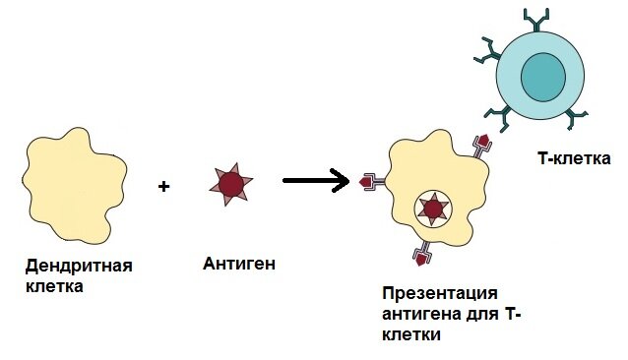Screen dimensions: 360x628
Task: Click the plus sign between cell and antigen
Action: [x=163, y=184]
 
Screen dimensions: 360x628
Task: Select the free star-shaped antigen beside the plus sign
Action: [x=231, y=184]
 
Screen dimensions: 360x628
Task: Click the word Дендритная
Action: [x=79, y=267]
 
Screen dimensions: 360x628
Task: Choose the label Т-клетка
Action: [x=574, y=157]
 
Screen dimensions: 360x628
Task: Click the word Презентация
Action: [x=439, y=294]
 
